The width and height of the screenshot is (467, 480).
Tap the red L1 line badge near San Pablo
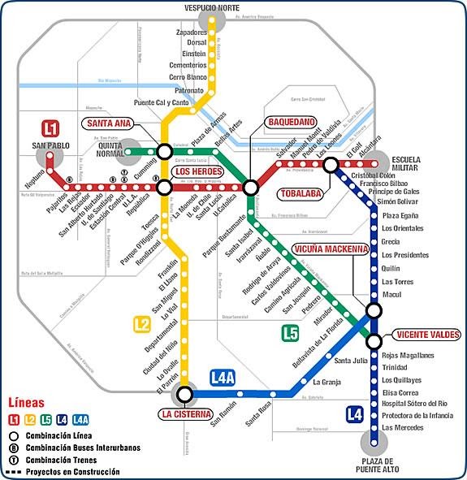click(51, 129)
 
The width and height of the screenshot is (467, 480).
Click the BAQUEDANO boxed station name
click(290, 123)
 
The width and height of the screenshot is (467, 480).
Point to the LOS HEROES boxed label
click(198, 172)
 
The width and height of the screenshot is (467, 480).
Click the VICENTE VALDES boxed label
click(427, 335)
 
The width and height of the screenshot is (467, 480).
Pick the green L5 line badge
click(291, 331)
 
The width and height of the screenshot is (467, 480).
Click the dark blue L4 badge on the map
click(354, 414)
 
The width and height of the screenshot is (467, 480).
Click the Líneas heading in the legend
click(26, 404)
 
